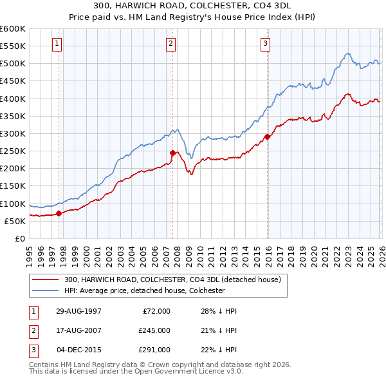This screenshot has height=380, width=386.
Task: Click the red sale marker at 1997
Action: [x=59, y=213]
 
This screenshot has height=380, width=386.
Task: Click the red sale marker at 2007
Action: [x=172, y=153]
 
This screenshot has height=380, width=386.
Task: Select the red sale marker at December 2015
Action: [x=267, y=137]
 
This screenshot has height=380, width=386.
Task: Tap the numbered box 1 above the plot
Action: [x=57, y=44]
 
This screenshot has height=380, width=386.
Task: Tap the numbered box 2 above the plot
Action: [x=170, y=44]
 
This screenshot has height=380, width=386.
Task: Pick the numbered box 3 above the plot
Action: [x=265, y=44]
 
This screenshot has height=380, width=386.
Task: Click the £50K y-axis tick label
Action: [x=15, y=222]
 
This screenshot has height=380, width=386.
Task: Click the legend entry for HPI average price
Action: [x=143, y=290]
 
